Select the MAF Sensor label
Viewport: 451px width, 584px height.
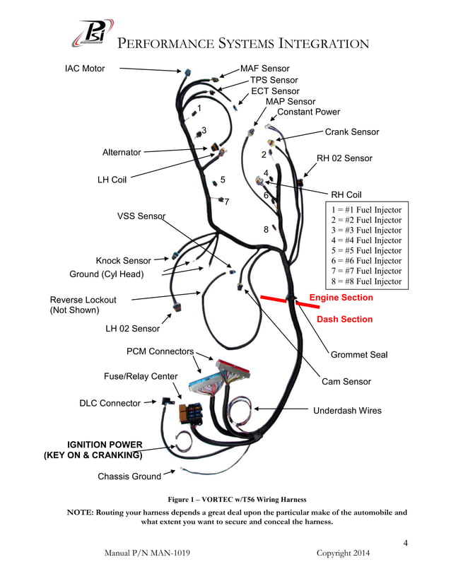[x=265, y=69]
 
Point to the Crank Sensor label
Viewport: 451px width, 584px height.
[x=351, y=132]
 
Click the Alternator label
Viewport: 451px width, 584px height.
[x=122, y=152]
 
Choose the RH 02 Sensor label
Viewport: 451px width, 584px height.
[x=344, y=158]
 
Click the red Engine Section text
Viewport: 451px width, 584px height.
[x=341, y=298]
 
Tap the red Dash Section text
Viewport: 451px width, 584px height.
[x=344, y=320]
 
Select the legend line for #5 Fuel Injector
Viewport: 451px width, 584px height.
[x=367, y=251]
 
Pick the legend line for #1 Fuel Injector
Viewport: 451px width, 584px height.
[x=367, y=210]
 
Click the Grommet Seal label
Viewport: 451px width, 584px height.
[x=359, y=354]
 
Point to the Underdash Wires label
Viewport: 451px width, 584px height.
[x=347, y=411]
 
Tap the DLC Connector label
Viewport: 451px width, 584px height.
[x=110, y=403]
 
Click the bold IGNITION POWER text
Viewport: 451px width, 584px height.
[x=105, y=445]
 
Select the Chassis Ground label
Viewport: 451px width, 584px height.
[x=129, y=477]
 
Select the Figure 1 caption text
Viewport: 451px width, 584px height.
[x=236, y=499]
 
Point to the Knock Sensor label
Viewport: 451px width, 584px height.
[x=123, y=261]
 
